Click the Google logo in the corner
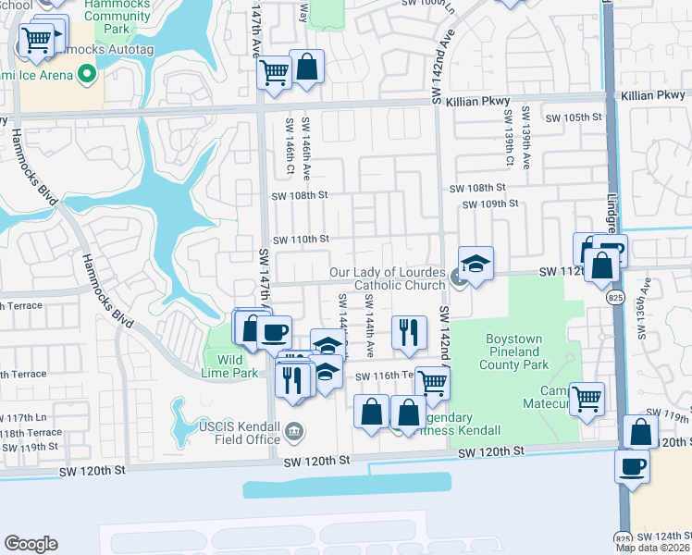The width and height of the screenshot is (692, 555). (x=31, y=544)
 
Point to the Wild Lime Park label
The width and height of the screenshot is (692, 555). (x=236, y=366)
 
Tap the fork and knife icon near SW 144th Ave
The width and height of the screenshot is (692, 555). (x=408, y=331)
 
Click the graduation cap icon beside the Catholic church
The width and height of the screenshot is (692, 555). (x=476, y=263)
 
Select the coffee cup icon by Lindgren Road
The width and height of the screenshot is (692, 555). (x=633, y=465)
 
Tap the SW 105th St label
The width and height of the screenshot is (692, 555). (x=574, y=117)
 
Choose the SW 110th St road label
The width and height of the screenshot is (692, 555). (x=300, y=238)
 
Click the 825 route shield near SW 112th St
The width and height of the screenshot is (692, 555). (x=615, y=297)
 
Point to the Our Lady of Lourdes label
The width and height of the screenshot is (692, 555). (x=389, y=278)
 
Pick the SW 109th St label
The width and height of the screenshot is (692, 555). (x=489, y=203)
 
